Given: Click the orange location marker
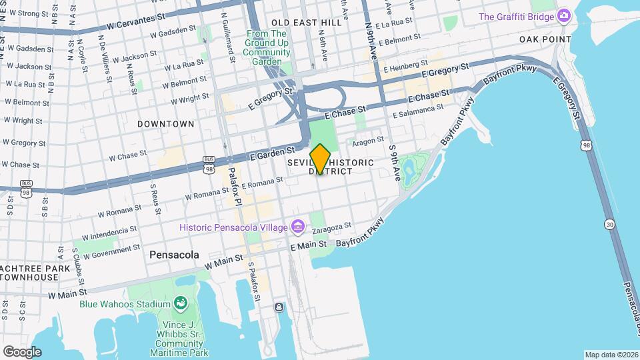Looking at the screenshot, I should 320,159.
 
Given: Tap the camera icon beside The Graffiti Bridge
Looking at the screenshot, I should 564,15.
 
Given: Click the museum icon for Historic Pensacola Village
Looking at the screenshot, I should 297,228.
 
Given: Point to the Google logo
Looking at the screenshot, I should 22,351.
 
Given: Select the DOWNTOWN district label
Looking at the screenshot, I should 166,124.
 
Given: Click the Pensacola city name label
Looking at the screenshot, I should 174,255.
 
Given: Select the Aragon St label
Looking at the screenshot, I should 368,141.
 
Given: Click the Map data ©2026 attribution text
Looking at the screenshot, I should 611,355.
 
